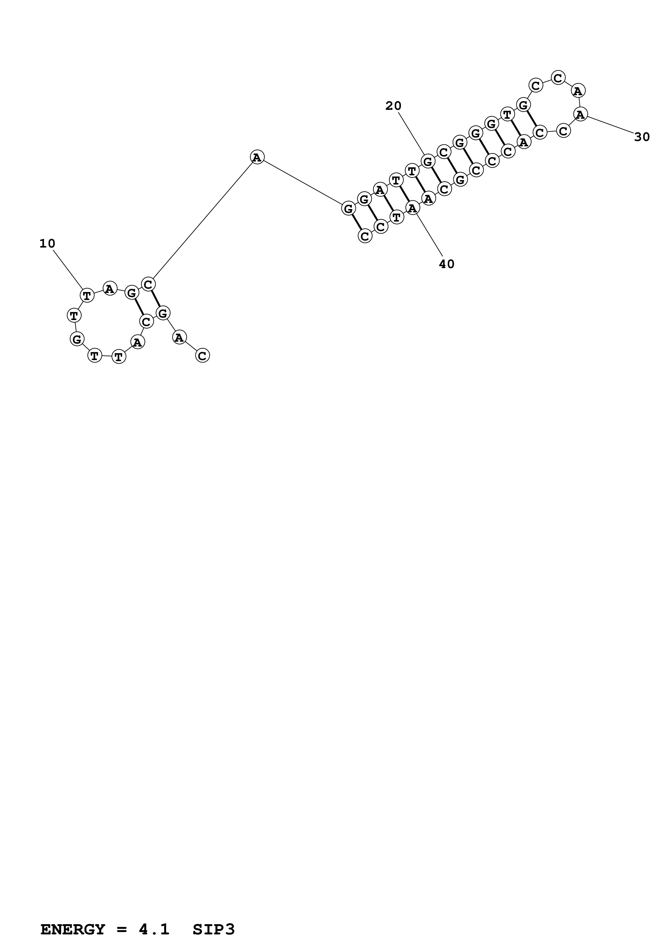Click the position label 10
[47, 244]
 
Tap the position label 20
[393, 106]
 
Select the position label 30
[642, 137]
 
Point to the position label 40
[447, 264]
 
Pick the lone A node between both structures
[257, 157]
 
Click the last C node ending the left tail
[202, 355]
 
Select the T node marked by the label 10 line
[87, 295]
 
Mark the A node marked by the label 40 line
[413, 208]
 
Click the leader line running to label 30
[610, 125]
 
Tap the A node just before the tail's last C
[179, 337]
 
